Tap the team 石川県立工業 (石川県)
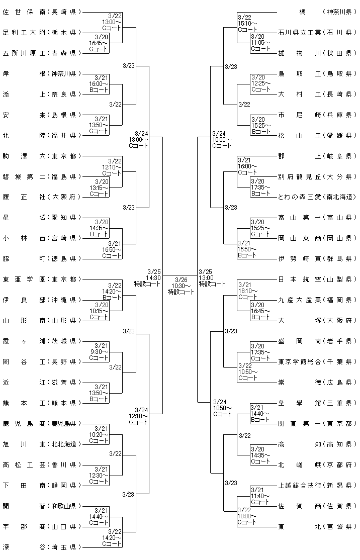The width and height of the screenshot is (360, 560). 317,33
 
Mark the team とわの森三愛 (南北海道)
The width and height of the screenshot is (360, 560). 317,197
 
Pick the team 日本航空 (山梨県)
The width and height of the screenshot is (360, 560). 317,279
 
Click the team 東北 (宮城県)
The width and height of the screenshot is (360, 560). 317,526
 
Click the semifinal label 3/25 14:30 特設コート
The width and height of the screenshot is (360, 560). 147,278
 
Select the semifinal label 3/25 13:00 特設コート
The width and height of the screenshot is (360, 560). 212,278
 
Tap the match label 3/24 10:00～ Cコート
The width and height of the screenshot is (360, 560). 221,140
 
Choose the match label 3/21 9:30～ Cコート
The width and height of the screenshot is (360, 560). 99,352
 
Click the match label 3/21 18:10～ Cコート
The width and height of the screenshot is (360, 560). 247,291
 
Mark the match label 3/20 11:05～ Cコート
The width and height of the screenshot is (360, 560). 260,43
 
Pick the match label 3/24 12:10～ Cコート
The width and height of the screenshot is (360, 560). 138,416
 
